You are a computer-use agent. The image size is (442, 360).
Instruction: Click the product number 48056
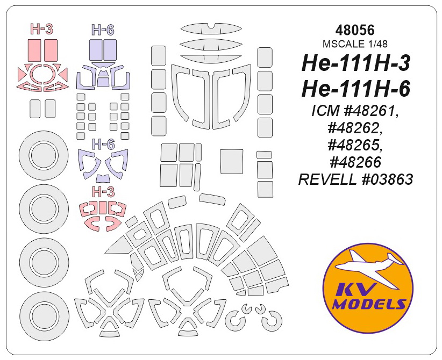pyautogui.click(x=355, y=30)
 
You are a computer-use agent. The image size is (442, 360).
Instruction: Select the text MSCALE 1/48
pyautogui.click(x=355, y=44)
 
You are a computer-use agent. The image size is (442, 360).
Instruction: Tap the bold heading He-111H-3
pyautogui.click(x=356, y=64)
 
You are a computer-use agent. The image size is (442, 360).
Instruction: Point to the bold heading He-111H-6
pyautogui.click(x=356, y=89)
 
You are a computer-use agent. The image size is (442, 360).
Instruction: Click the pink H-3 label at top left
pyautogui.click(x=41, y=29)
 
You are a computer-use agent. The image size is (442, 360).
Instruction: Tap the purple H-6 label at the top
pyautogui.click(x=103, y=30)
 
